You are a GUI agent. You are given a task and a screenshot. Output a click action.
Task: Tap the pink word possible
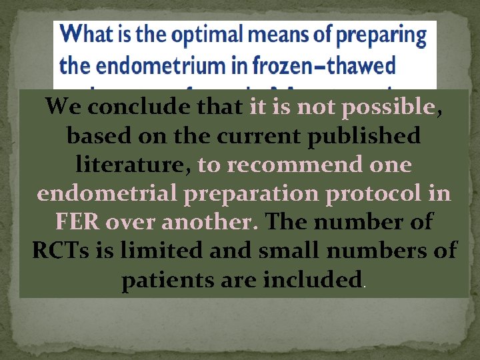click(x=387, y=106)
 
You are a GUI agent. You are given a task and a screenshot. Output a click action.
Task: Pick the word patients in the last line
click(x=168, y=279)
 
